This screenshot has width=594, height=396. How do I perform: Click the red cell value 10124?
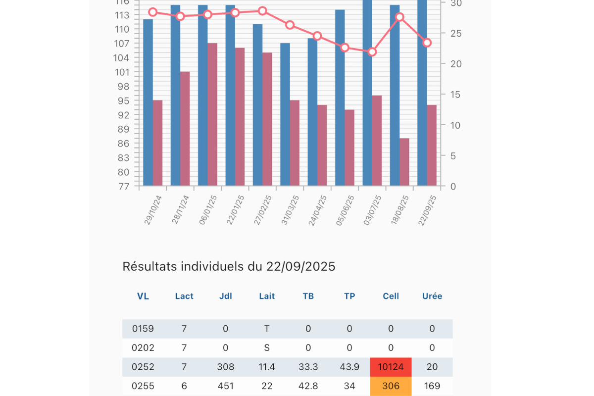pyautogui.click(x=391, y=367)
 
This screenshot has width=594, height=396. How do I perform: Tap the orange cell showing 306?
pyautogui.click(x=391, y=386)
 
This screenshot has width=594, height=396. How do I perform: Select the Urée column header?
pyautogui.click(x=432, y=297)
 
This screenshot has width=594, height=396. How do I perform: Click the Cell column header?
pyautogui.click(x=391, y=297)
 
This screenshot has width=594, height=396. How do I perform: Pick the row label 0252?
pyautogui.click(x=143, y=367)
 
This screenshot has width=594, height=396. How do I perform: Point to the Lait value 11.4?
pyautogui.click(x=267, y=367)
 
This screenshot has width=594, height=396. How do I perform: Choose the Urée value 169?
pyautogui.click(x=432, y=386)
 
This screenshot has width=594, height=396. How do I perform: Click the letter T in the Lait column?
pyautogui.click(x=267, y=329)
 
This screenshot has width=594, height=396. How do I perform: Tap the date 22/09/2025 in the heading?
pyautogui.click(x=301, y=267)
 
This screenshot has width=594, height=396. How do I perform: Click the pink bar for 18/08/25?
pyautogui.click(x=404, y=162)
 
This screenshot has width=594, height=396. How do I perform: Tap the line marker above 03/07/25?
pyautogui.click(x=372, y=51)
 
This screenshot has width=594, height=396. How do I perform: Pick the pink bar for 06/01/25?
pyautogui.click(x=212, y=114)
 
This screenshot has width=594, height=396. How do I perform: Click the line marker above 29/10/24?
pyautogui.click(x=153, y=12)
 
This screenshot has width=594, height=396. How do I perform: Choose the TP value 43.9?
pyautogui.click(x=349, y=367)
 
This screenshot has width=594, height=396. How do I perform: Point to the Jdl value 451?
pyautogui.click(x=226, y=386)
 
